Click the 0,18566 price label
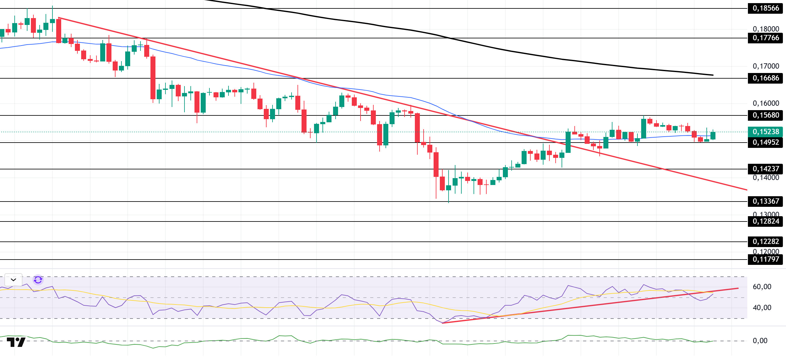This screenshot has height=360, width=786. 766,8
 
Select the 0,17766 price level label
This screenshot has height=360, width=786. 766,38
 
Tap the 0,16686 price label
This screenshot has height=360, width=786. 766,78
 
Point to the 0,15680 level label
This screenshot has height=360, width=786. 766,115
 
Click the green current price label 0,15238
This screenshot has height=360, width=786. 766,132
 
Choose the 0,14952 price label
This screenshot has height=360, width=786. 766,143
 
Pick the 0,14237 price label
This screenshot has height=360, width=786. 766,169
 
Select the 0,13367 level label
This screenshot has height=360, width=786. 766,202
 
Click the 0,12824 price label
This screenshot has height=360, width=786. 766,221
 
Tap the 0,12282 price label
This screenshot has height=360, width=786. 766,242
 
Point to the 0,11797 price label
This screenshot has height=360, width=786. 766,260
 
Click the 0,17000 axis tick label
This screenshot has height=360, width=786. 766,66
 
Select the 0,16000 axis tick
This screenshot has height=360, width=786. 766,103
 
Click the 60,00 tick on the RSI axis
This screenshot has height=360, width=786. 762,287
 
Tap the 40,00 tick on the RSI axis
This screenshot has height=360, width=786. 762,308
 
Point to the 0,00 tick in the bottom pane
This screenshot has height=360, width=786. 760,341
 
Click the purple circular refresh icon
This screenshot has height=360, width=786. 38,280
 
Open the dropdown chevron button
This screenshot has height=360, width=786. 13,280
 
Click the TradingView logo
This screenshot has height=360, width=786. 16,342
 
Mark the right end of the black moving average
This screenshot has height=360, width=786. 713,75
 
